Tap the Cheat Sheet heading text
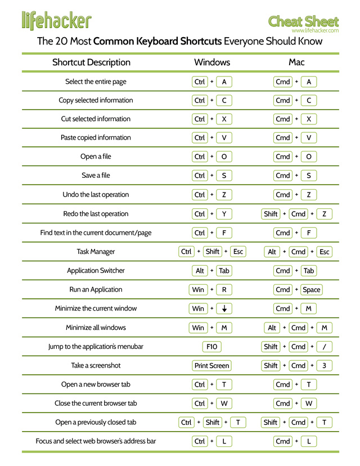pyautogui.click(x=304, y=21)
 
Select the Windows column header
pyautogui.click(x=212, y=62)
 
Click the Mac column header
pyautogui.click(x=296, y=62)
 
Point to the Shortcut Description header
pyautogui.click(x=91, y=62)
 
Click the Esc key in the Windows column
pyautogui.click(x=238, y=252)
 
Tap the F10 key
pyautogui.click(x=212, y=347)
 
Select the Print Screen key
pyautogui.click(x=212, y=366)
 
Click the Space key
pyautogui.click(x=311, y=290)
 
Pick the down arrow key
pyautogui.click(x=224, y=308)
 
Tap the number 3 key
pyautogui.click(x=325, y=366)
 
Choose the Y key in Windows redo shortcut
pyautogui.click(x=224, y=214)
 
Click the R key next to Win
pyautogui.click(x=224, y=290)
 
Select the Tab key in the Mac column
pyautogui.click(x=309, y=271)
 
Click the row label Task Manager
pyautogui.click(x=96, y=252)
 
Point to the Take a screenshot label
pyautogui.click(x=96, y=366)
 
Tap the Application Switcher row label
pyautogui.click(x=96, y=271)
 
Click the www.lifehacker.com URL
pyautogui.click(x=315, y=30)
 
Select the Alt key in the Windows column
pyautogui.click(x=200, y=271)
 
